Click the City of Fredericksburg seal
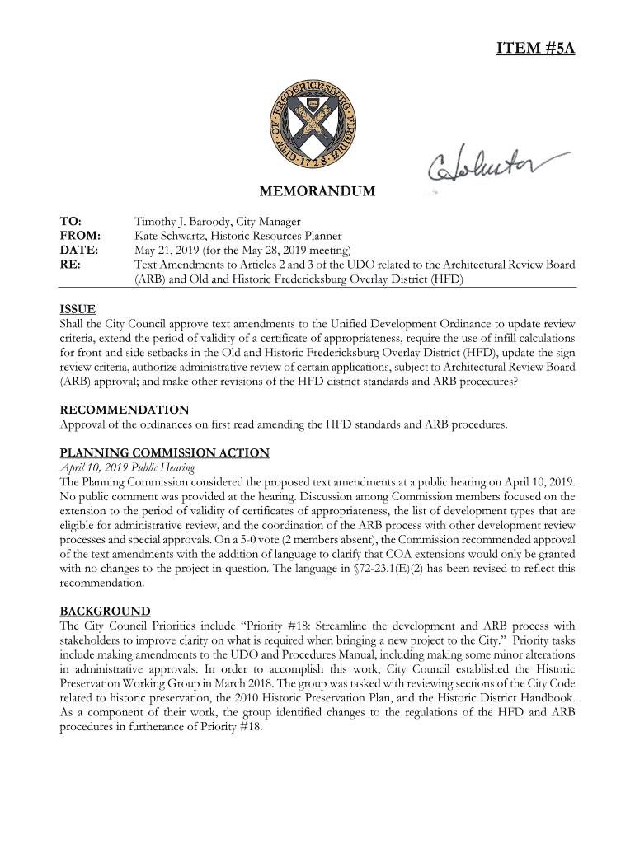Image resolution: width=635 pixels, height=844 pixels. (317, 124)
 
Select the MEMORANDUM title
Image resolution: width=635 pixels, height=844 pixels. (317, 192)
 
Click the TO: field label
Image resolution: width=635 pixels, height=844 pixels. (71, 222)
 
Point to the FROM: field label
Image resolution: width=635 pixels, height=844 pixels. (79, 236)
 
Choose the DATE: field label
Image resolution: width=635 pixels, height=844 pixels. (79, 250)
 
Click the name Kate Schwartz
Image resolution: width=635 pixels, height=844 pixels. (169, 236)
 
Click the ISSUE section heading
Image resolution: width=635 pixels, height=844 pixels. (78, 309)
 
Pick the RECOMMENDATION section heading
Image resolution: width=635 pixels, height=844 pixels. (125, 410)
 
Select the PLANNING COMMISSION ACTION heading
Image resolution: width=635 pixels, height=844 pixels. (164, 452)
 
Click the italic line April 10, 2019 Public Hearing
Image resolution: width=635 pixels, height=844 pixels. (127, 467)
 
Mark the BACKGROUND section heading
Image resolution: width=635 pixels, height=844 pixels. (105, 611)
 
